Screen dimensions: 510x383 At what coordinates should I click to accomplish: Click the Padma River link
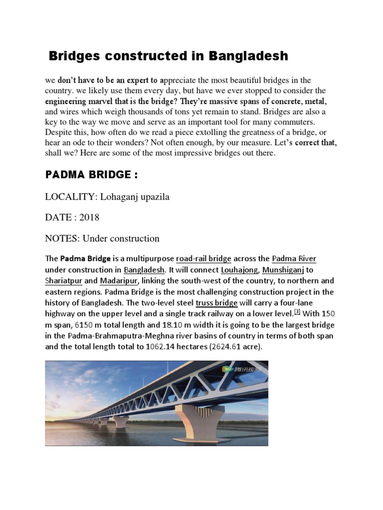pos(294,259)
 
